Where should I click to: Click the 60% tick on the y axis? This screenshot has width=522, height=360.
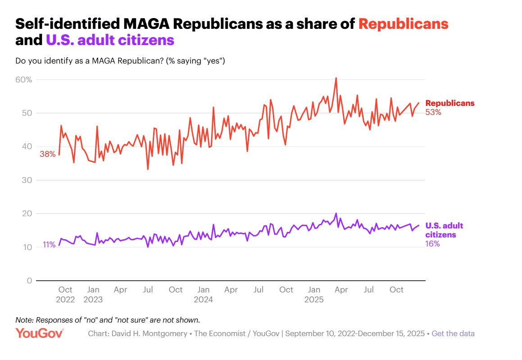(24, 80)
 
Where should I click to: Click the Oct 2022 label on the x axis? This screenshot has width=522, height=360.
(65, 294)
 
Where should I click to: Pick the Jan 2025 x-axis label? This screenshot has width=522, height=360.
(314, 294)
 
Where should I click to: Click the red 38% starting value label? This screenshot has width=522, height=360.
(47, 154)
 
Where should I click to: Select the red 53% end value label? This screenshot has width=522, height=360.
(433, 112)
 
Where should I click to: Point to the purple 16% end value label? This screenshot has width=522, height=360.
(432, 244)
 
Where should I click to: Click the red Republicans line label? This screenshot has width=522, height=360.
(449, 103)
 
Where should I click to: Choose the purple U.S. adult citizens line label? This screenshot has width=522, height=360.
(444, 230)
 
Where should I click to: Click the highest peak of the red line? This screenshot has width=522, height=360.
(336, 78)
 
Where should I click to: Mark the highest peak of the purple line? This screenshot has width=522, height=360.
(336, 214)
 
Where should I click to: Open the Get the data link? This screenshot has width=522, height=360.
(453, 334)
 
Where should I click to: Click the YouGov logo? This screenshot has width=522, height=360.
(40, 333)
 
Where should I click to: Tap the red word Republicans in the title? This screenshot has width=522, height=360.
(403, 24)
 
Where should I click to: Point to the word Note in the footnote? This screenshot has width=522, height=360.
(24, 320)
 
